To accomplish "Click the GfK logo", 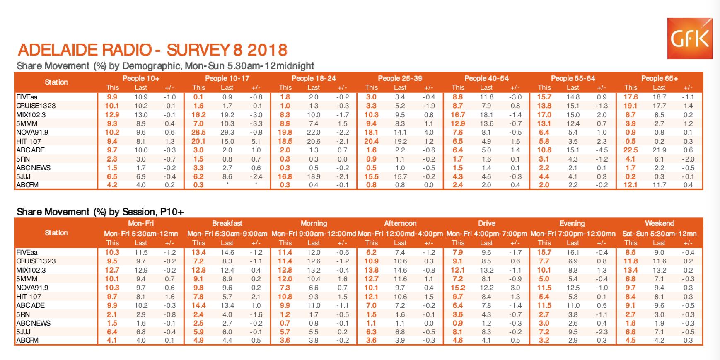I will tap(689, 39).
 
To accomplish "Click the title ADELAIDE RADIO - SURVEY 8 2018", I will tap(152, 50).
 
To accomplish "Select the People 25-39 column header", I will tap(400, 78).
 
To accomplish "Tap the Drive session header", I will tap(486, 223).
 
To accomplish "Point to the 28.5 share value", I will tap(198, 133).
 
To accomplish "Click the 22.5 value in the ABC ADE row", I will tap(631, 150).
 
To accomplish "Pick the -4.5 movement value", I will tap(602, 150).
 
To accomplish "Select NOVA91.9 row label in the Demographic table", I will tap(32, 133).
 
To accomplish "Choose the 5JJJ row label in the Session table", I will tap(23, 332).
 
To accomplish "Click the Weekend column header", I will tap(659, 223).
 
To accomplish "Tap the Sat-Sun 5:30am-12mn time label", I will tap(659, 234).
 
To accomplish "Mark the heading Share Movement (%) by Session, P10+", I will tap(100, 212).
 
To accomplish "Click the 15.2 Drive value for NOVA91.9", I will tap(458, 288).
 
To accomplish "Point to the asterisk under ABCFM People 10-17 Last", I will tap(227, 184).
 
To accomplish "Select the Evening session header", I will tap(572, 223).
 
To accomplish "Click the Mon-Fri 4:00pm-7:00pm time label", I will tap(486, 234).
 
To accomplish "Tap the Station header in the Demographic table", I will tap(56, 82).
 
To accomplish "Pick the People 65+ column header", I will tap(659, 78).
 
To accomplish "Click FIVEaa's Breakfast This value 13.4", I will tap(198, 252).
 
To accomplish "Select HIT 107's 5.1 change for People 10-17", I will tap(256, 141).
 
